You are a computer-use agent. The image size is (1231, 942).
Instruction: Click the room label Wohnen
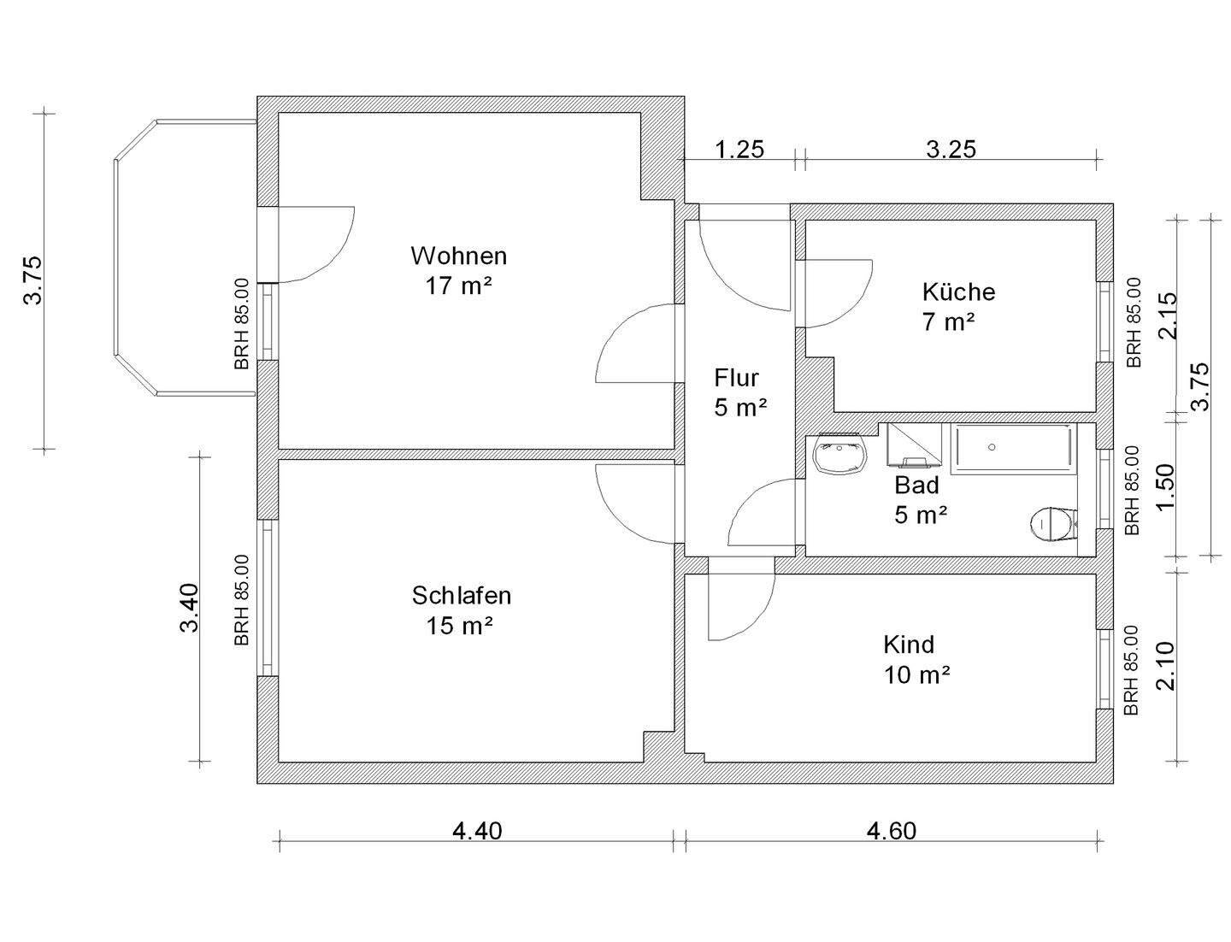pyautogui.click(x=458, y=256)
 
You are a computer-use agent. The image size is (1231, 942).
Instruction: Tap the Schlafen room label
pyautogui.click(x=462, y=595)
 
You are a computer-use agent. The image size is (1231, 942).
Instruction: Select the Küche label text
pyautogui.click(x=958, y=291)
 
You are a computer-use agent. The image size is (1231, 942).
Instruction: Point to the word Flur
pyautogui.click(x=736, y=377)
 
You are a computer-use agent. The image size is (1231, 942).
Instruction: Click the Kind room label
pyautogui.click(x=909, y=644)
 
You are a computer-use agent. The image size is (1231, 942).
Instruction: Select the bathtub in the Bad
pyautogui.click(x=1014, y=448)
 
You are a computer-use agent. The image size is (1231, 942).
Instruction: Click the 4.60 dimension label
pyautogui.click(x=891, y=831)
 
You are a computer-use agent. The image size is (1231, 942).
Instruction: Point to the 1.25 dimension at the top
pyautogui.click(x=739, y=150)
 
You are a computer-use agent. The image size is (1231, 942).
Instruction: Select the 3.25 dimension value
pyautogui.click(x=951, y=150)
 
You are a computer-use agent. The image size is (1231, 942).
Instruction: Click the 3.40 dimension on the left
pyautogui.click(x=189, y=607)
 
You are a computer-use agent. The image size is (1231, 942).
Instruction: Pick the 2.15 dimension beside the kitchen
pyautogui.click(x=1167, y=315)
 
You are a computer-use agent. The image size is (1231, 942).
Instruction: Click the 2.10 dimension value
pyautogui.click(x=1167, y=666)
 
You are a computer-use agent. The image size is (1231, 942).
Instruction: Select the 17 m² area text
pyautogui.click(x=459, y=286)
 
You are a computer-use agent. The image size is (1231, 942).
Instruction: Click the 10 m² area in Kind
pyautogui.click(x=917, y=674)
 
